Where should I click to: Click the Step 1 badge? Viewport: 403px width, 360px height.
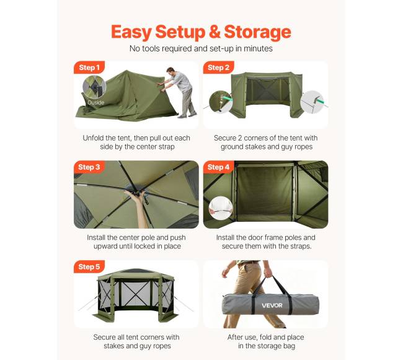89,68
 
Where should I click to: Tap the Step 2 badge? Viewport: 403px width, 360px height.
218,68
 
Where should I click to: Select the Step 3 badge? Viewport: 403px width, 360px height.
89,167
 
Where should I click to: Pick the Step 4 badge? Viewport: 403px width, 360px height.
218,167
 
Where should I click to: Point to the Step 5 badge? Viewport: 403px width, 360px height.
89,267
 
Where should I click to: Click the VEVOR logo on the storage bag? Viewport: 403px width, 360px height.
272,305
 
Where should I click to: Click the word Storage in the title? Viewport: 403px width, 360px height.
257,32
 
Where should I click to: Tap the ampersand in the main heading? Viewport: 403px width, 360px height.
215,32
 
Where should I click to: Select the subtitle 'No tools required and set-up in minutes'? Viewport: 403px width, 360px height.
201,48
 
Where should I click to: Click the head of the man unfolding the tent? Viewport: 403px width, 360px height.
170,71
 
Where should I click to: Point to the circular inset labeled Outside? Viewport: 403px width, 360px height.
94,87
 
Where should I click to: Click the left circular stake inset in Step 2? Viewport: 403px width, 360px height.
221,102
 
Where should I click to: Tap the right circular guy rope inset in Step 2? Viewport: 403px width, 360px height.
312,102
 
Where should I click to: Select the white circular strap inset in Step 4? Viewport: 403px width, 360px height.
221,208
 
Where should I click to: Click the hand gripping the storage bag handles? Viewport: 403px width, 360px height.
267,273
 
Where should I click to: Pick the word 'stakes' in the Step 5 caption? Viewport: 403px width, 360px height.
115,346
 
